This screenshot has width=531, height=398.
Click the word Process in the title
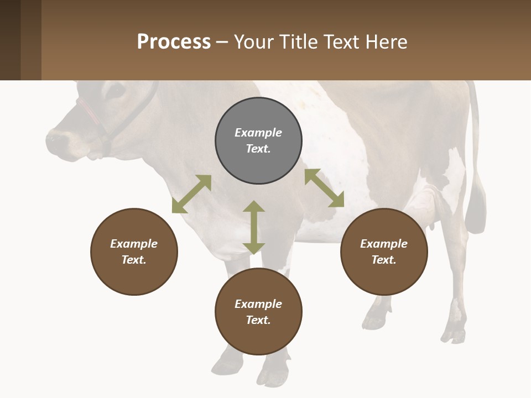(174, 42)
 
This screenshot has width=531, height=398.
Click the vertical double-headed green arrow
(254, 227)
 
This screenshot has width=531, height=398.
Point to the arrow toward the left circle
(191, 194)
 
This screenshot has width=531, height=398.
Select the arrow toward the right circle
(324, 188)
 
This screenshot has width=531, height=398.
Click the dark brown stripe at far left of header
(10, 40)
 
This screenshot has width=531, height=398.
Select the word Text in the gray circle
(258, 149)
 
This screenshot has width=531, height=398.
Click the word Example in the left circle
(134, 244)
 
